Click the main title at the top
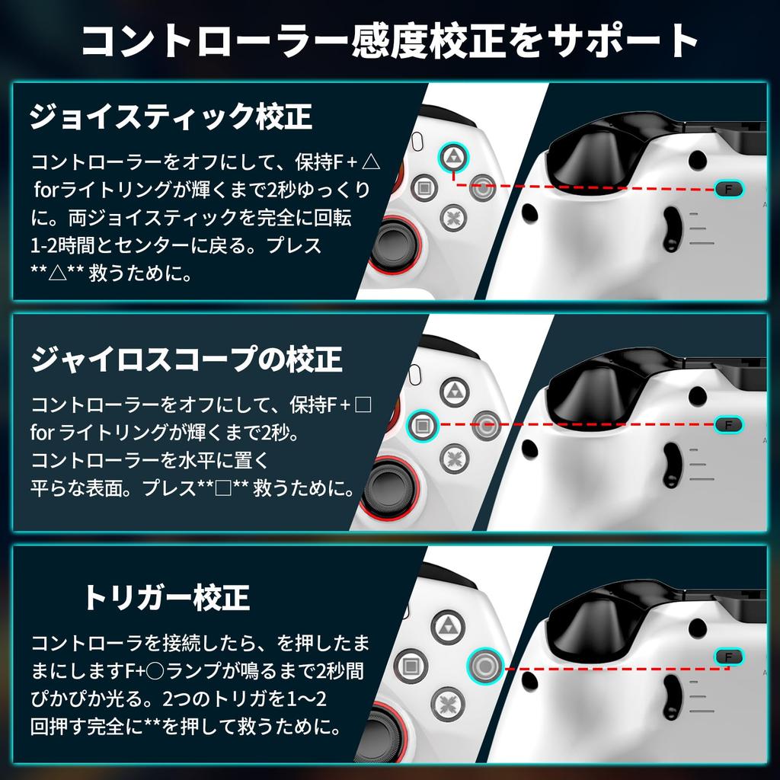[x=390, y=43]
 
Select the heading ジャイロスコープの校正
[x=187, y=359]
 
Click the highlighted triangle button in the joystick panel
[x=454, y=157]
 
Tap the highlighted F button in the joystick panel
[x=729, y=188]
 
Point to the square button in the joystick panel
[x=424, y=187]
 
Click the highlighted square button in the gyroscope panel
[x=422, y=424]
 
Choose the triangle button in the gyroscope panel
[x=454, y=392]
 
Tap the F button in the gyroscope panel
[x=729, y=424]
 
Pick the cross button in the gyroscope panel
[x=454, y=457]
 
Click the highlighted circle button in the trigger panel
[x=484, y=664]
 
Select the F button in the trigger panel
[x=729, y=657]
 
